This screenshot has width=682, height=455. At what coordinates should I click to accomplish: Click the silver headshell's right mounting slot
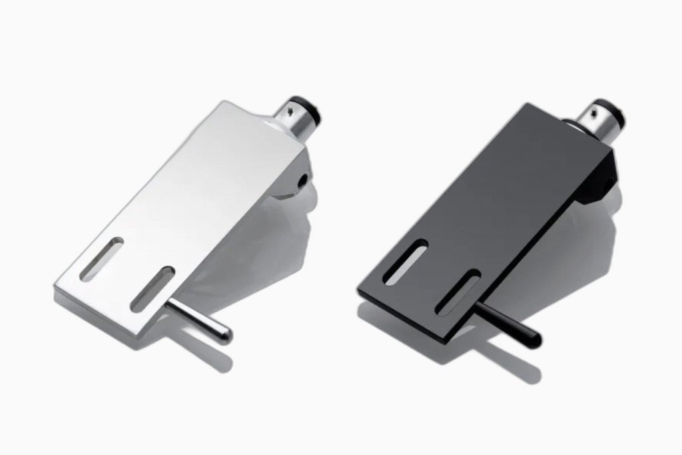click(x=153, y=288)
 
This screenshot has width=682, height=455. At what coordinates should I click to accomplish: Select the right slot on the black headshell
click(x=458, y=292)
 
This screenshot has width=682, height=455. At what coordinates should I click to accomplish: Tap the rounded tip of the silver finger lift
click(x=226, y=335)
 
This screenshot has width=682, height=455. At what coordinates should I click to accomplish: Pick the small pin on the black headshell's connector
click(x=596, y=106)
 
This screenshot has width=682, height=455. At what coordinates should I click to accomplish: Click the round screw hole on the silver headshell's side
click(x=304, y=179)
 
